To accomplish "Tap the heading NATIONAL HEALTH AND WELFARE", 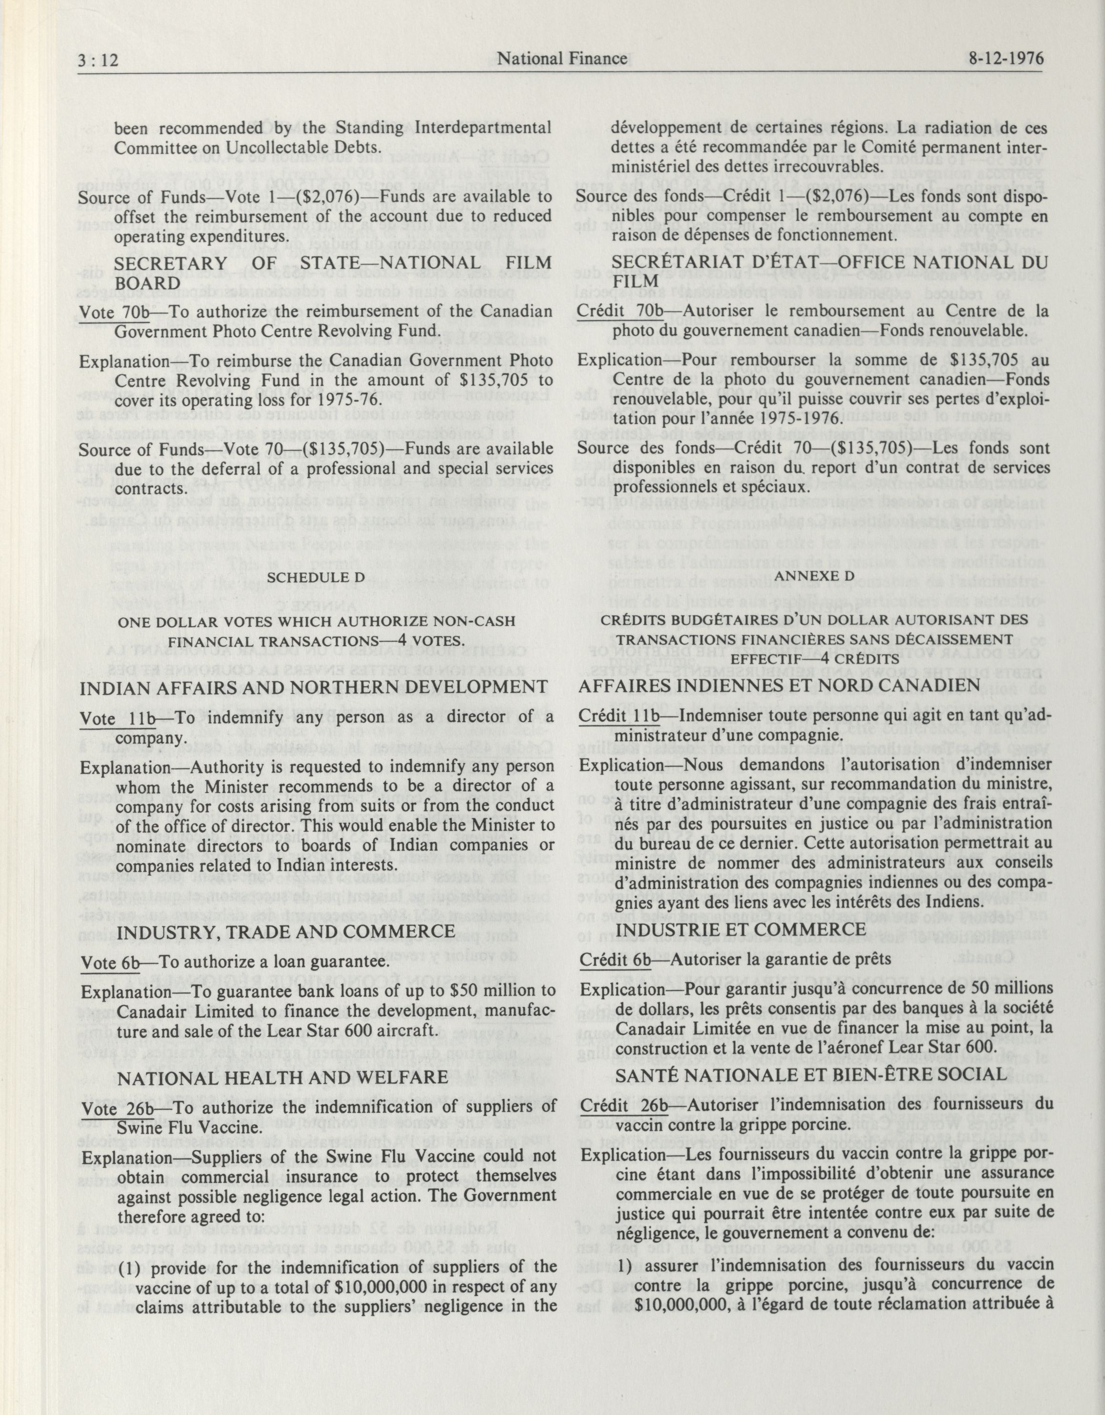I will point(282,1076).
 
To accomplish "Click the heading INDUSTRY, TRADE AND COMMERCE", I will point(284,931).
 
